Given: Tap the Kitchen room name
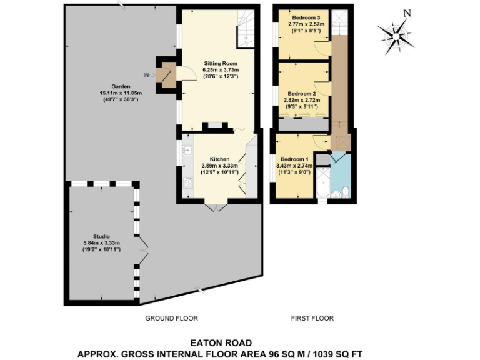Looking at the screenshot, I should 220,159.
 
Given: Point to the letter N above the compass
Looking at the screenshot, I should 407,13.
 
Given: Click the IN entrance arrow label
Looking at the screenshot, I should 147,75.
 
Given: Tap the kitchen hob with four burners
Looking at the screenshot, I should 187,182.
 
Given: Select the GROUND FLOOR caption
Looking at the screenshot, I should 171,318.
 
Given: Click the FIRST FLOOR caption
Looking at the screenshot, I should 312,318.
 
